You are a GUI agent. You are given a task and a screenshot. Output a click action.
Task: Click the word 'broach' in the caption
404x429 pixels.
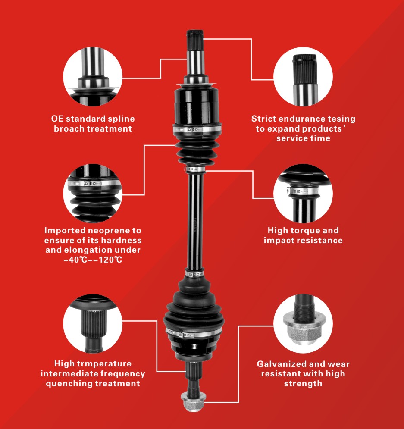69,128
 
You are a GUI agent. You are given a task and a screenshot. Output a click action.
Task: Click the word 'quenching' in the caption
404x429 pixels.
69,383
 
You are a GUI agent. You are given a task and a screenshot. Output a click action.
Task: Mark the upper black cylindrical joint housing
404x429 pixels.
196,106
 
